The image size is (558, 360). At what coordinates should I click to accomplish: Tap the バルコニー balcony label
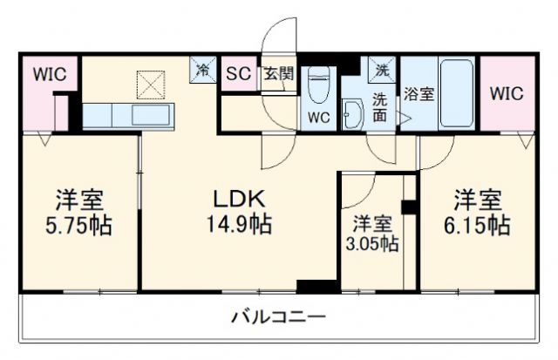278,316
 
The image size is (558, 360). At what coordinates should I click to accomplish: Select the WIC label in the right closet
507,93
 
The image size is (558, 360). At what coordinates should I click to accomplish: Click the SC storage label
238,73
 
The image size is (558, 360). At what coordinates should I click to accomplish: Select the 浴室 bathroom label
418,94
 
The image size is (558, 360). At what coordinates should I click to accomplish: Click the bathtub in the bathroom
456,93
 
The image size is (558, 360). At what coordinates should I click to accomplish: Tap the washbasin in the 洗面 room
353,113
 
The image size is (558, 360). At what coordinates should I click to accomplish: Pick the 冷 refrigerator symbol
202,68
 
